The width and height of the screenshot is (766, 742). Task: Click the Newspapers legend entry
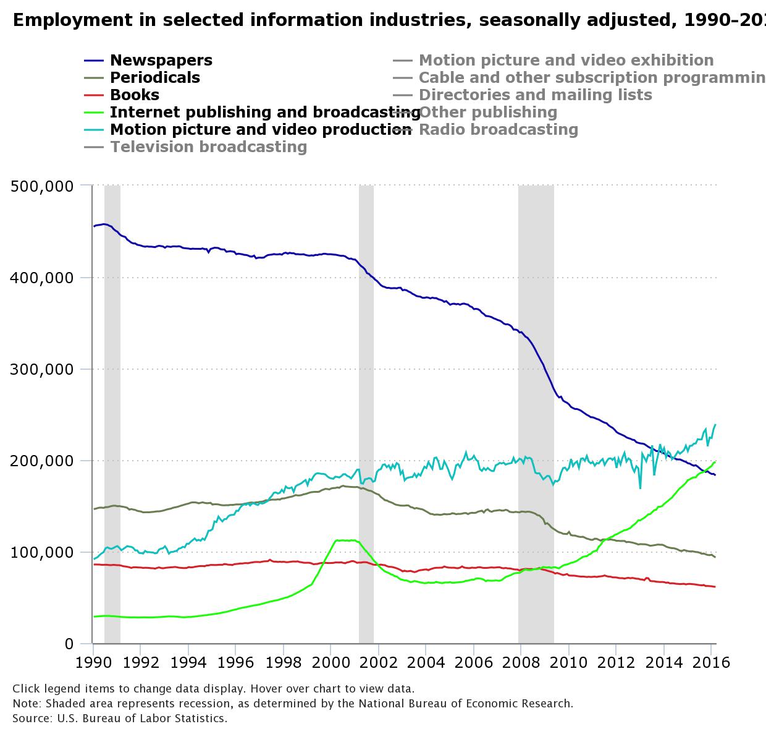161,60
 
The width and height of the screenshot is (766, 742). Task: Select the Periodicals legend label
154,77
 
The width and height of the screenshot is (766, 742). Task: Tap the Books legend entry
134,95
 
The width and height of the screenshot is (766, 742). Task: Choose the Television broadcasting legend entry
208,147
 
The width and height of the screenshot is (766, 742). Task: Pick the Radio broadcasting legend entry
498,129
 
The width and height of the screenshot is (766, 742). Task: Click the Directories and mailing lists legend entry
535,95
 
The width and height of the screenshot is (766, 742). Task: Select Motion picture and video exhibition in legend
566,60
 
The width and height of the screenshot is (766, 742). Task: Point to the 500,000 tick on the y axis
42,185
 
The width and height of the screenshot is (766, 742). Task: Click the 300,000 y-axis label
42,369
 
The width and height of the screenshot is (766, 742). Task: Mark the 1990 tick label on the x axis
93,662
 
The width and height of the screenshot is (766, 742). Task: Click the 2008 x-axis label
521,662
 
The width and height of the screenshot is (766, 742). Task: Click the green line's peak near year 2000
346,540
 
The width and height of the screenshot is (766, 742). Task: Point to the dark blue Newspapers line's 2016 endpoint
715,475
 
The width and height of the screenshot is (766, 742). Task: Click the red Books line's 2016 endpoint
715,587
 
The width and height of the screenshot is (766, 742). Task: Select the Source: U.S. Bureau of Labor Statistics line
120,719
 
